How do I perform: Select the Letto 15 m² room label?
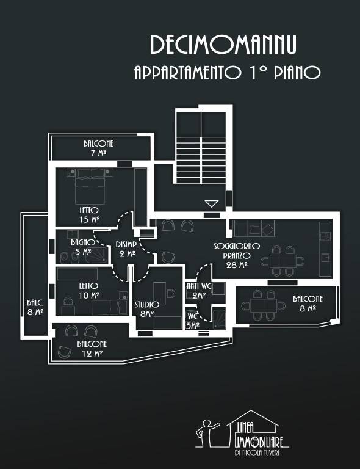[x=88, y=214]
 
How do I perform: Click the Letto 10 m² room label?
[x=88, y=290]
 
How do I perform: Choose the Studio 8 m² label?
[x=146, y=308]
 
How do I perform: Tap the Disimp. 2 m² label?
[x=127, y=249]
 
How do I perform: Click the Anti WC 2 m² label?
[x=199, y=290]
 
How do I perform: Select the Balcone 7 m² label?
[x=98, y=148]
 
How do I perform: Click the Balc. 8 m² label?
[x=35, y=307]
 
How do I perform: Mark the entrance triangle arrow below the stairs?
[x=212, y=204]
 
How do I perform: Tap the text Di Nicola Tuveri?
[x=260, y=453]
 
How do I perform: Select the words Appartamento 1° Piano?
[x=227, y=73]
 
